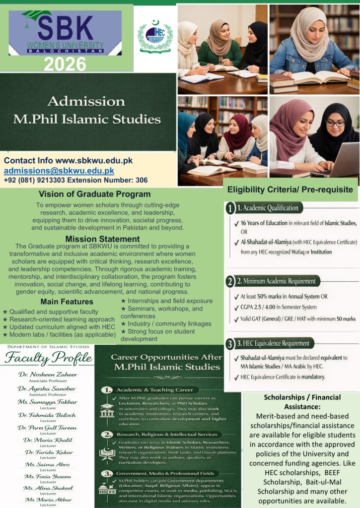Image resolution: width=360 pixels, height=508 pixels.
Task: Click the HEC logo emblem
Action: [x=155, y=37]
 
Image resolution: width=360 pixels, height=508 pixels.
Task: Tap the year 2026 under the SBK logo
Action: [x=65, y=64]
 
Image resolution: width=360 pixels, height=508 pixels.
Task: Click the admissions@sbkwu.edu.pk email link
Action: [x=59, y=171]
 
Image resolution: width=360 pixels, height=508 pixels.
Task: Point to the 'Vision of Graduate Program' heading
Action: [x=95, y=194]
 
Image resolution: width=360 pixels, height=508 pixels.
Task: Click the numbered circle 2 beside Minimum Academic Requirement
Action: [x=230, y=282]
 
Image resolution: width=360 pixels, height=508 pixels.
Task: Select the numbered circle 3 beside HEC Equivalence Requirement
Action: [x=230, y=344]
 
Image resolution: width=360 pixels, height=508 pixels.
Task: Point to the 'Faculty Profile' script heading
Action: [x=48, y=357]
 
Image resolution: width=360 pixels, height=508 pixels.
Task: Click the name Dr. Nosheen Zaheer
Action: [x=47, y=374]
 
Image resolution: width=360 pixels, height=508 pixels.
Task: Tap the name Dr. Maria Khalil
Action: [x=47, y=440]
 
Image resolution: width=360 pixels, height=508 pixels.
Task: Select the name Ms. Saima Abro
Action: [x=47, y=464]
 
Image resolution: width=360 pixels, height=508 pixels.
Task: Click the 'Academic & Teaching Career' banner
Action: [x=154, y=390]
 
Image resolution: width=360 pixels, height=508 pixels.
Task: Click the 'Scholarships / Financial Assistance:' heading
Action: [x=302, y=402]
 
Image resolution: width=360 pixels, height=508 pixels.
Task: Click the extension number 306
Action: [x=142, y=180]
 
